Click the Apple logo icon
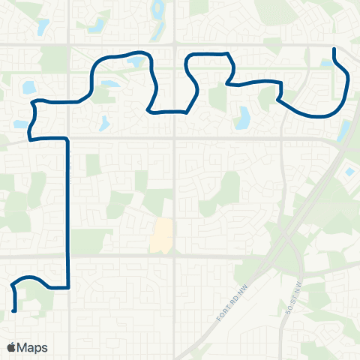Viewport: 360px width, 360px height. click(12, 347)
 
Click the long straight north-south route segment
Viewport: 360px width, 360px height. click(68, 210)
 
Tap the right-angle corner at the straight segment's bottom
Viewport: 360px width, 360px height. click(68, 286)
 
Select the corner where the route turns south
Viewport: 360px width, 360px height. click(67, 139)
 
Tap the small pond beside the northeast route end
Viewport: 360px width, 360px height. click(326, 64)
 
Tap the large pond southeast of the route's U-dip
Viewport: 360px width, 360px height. click(243, 117)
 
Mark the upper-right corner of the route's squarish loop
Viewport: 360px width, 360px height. click(226, 55)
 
